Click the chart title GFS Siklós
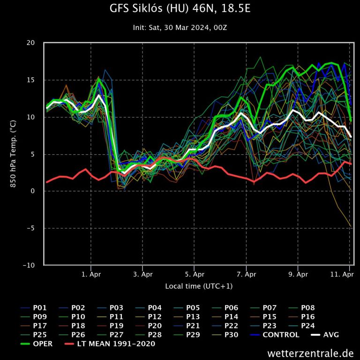[x=180, y=9]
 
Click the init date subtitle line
[x=180, y=28]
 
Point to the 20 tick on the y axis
[x=30, y=43]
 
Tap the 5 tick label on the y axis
[x=32, y=154]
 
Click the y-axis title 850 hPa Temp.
[x=14, y=154]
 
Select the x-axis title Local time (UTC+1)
[x=198, y=286]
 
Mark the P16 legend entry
[x=308, y=317]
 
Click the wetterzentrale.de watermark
[x=310, y=352]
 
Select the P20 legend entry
[x=155, y=326]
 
